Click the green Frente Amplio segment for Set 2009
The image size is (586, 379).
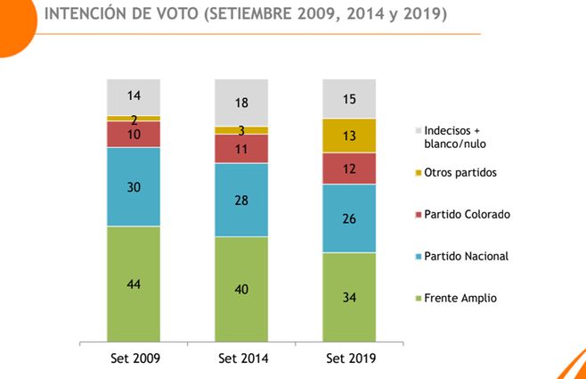point(134,284)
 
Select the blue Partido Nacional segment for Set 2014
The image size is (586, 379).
point(240,200)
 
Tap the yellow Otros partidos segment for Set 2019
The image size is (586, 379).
point(349,136)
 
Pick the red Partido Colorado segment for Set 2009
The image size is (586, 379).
point(134,134)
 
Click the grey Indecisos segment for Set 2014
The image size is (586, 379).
point(240,102)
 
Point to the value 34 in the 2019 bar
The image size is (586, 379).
point(349,297)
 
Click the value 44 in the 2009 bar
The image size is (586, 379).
point(134,284)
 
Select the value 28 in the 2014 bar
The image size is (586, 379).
point(240,201)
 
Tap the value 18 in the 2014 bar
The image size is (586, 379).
point(240,103)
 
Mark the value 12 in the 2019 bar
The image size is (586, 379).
point(349,169)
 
